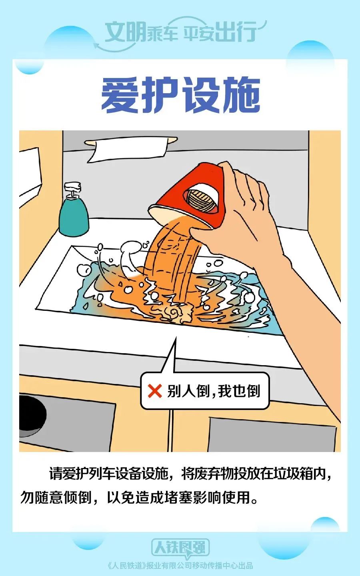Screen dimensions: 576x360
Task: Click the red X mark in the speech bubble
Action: (155, 391)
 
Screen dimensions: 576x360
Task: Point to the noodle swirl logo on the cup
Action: (202, 200)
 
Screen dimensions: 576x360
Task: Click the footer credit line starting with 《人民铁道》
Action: (180, 566)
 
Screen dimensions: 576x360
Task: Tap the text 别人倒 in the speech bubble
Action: (182, 391)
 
